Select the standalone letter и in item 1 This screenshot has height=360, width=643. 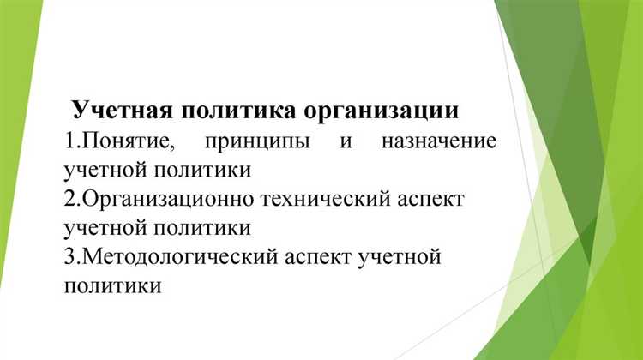click(x=345, y=140)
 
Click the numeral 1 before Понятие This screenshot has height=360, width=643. click(x=69, y=140)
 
